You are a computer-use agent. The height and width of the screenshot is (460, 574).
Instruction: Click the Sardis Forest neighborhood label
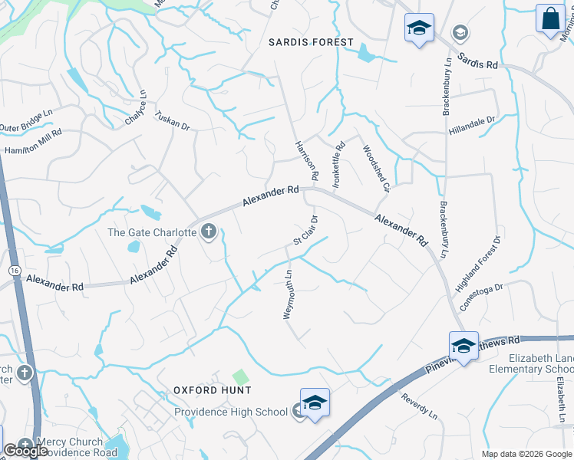coord(311,42)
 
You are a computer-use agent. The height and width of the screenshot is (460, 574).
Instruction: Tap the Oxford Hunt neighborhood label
coord(202,389)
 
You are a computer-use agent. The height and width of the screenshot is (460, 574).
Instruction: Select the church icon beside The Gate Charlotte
coord(209,232)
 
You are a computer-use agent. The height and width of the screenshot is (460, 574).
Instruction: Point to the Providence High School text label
coord(230,412)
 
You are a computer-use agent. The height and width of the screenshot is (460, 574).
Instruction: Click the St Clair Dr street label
coord(305,231)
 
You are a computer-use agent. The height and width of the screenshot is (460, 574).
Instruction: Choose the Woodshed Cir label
coord(377,168)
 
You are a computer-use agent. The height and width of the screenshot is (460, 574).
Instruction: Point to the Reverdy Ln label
coord(419,406)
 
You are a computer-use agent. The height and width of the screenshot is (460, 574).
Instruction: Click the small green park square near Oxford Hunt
coord(241,377)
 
